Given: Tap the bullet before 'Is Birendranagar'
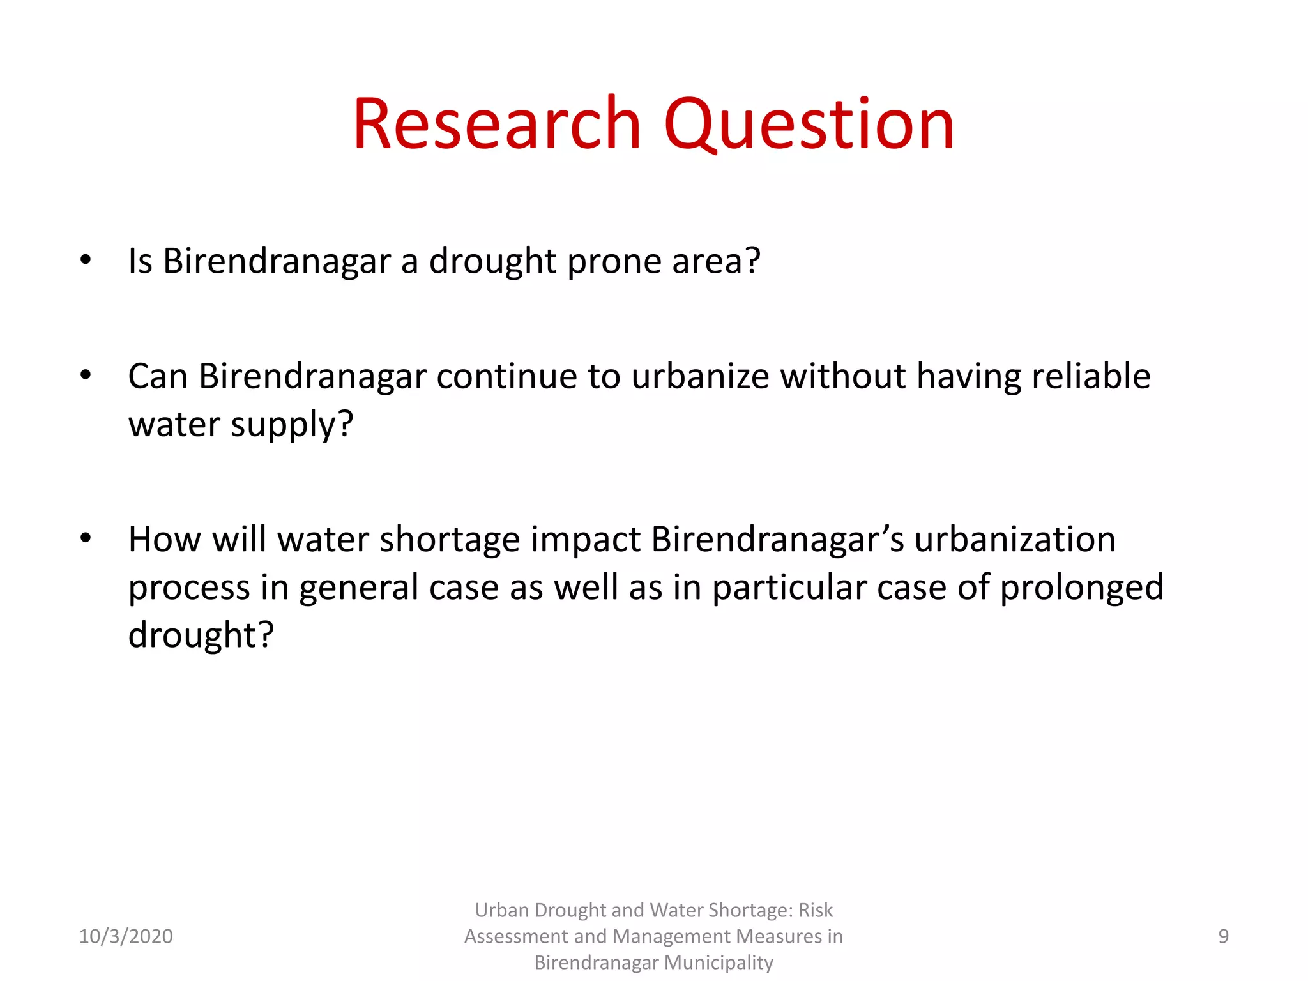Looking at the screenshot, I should click(86, 260).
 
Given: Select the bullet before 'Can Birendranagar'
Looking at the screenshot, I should click(86, 375).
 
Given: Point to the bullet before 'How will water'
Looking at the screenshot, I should click(86, 538).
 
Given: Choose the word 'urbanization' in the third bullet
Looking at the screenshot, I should click(1015, 539).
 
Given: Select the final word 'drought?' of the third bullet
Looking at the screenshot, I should click(201, 635).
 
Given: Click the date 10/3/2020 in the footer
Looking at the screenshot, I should click(126, 936).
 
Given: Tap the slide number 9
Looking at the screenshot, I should click(1223, 936).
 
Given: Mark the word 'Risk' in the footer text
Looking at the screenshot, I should click(816, 910).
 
